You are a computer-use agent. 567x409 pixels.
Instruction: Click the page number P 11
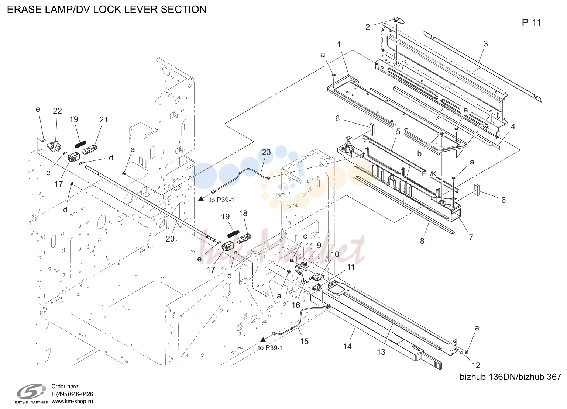coord(532,23)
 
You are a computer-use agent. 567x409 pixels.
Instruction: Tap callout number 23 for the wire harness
coord(266,152)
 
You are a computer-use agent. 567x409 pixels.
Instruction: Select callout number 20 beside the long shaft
coord(170,239)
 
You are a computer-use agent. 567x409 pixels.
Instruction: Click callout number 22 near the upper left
coord(58,111)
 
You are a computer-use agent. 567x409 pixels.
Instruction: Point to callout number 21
coord(103,119)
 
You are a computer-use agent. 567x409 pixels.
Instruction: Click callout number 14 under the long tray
coord(347,346)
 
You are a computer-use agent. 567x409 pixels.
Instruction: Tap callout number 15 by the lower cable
coord(304,341)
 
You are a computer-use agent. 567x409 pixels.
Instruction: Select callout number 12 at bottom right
coord(476,365)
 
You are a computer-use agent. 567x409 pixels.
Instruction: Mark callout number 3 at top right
coord(485,44)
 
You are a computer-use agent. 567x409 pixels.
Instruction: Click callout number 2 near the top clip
coord(368,27)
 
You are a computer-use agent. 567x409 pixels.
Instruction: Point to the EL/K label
coord(429,174)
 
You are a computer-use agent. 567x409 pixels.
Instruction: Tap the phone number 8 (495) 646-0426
coord(72,394)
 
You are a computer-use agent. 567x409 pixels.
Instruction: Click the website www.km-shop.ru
coord(72,401)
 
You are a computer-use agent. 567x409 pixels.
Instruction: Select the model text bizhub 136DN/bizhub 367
coord(510,377)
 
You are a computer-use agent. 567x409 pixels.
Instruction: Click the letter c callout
coord(305,236)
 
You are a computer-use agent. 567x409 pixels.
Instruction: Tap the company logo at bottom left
coord(31,393)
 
